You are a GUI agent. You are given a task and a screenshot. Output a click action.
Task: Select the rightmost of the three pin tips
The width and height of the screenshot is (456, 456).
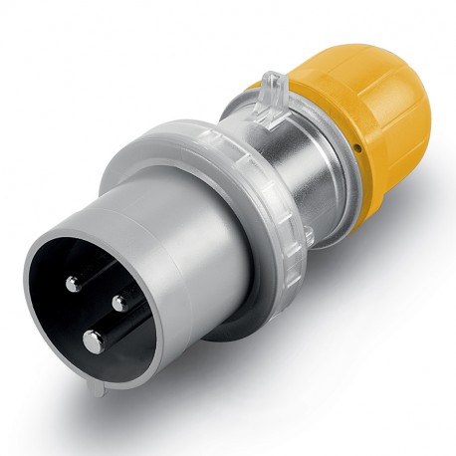click(119, 301)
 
